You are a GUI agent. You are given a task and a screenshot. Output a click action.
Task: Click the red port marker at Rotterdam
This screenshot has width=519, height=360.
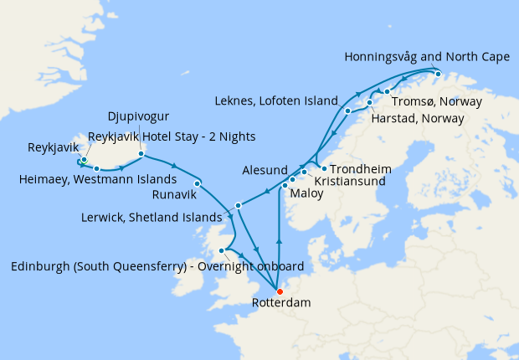coord(280,291)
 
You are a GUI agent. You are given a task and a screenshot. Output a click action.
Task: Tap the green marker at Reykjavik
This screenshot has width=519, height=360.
coord(85,159)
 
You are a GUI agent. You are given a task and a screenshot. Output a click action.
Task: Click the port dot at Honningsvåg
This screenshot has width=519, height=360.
coord(438,74)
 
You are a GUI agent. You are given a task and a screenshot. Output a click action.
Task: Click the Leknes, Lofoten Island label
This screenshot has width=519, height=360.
coord(285,97)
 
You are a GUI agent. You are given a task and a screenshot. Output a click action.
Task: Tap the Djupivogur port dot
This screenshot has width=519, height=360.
coord(141,154)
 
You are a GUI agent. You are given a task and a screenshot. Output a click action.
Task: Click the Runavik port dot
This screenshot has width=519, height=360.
coord(197,183)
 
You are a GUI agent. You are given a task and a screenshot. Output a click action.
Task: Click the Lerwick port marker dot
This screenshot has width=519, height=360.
coord(239,205)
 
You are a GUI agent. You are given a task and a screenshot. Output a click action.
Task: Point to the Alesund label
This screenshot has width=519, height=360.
coord(265,169)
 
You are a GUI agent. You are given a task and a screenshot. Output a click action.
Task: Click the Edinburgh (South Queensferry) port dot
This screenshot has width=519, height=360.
coord(223,250)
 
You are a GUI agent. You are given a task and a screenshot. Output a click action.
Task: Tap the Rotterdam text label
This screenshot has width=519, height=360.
coord(280,303)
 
